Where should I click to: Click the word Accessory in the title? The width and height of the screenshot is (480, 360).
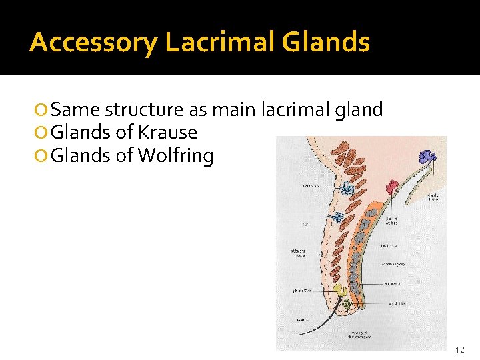94,42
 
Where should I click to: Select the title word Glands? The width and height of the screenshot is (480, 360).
326,42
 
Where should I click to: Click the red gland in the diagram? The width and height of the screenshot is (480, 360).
392,186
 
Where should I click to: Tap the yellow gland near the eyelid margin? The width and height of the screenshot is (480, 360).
340,290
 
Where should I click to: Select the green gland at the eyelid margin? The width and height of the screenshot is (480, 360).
347,303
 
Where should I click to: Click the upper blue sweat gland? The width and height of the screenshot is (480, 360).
347,189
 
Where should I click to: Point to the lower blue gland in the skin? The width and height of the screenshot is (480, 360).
339,217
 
